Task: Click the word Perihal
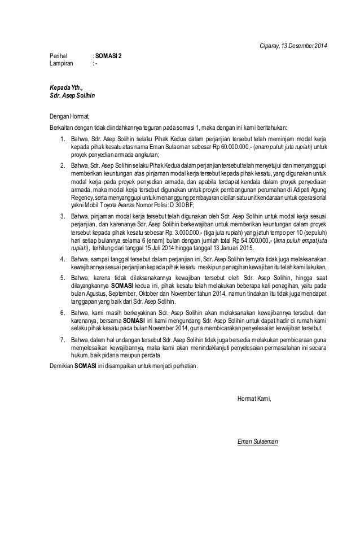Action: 58,56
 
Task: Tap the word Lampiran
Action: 61,64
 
